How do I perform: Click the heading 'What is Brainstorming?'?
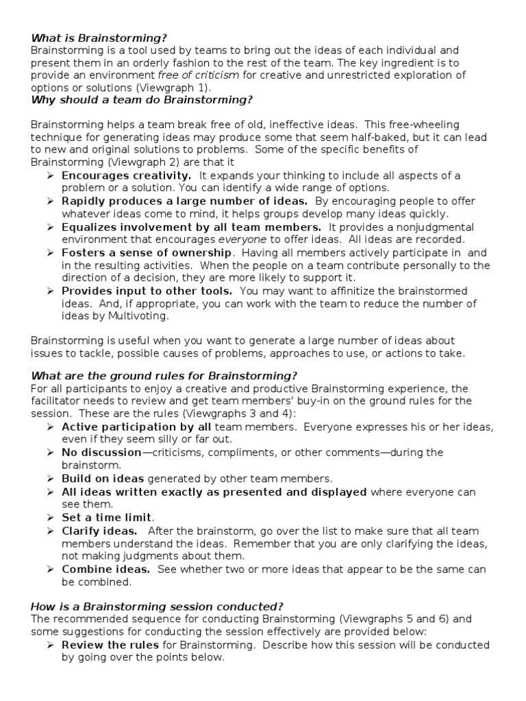[x=99, y=38]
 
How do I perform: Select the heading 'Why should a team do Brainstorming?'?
[x=142, y=100]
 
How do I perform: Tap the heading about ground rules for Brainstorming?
[x=164, y=376]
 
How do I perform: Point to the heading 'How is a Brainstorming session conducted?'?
[x=157, y=607]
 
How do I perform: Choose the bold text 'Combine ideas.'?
[x=105, y=569]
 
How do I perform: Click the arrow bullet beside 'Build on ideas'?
[x=51, y=479]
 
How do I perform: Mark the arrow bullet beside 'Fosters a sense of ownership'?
[x=51, y=253]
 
